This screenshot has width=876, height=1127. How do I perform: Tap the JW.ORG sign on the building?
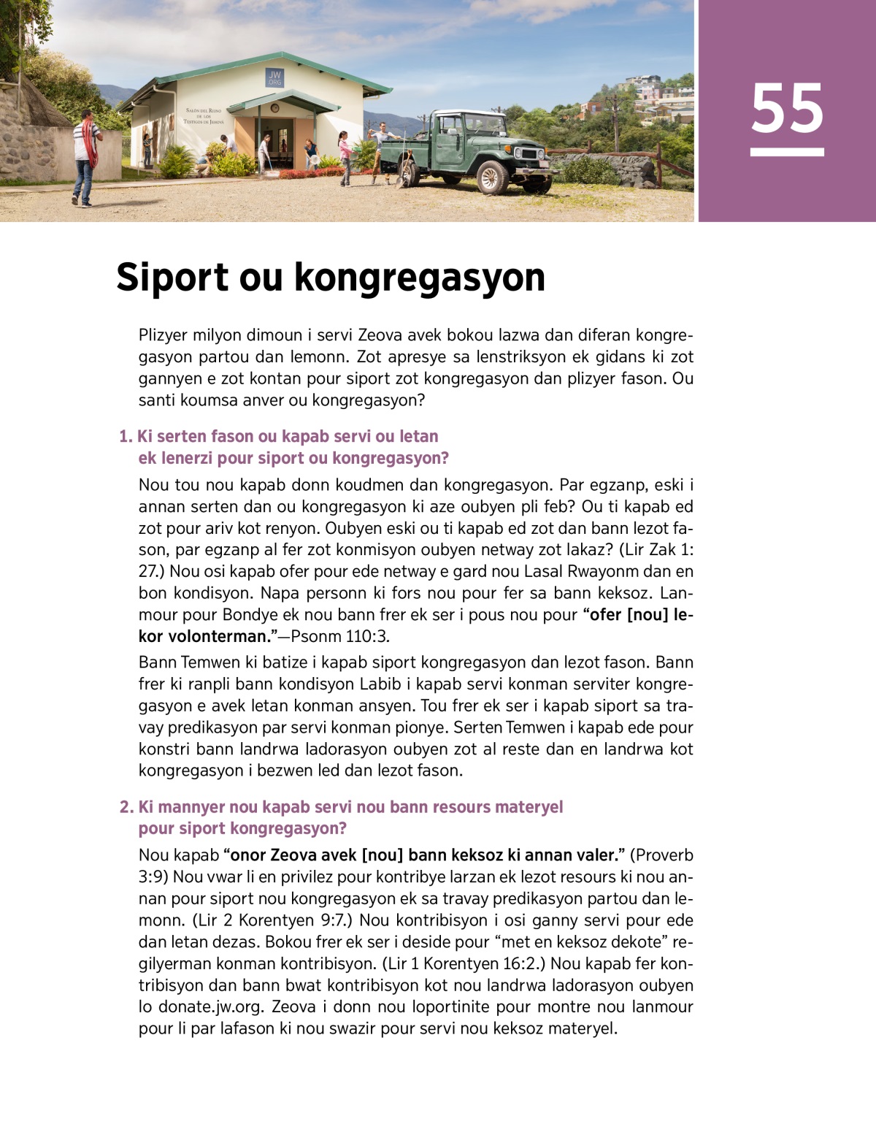pos(274,78)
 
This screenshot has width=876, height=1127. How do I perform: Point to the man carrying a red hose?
pos(86,156)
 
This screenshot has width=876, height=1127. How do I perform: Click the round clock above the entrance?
pos(274,108)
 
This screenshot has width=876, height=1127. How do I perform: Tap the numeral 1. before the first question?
pos(126,437)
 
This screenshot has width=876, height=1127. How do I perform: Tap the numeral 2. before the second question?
pos(126,807)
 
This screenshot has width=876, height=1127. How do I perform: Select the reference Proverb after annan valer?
pos(661,855)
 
